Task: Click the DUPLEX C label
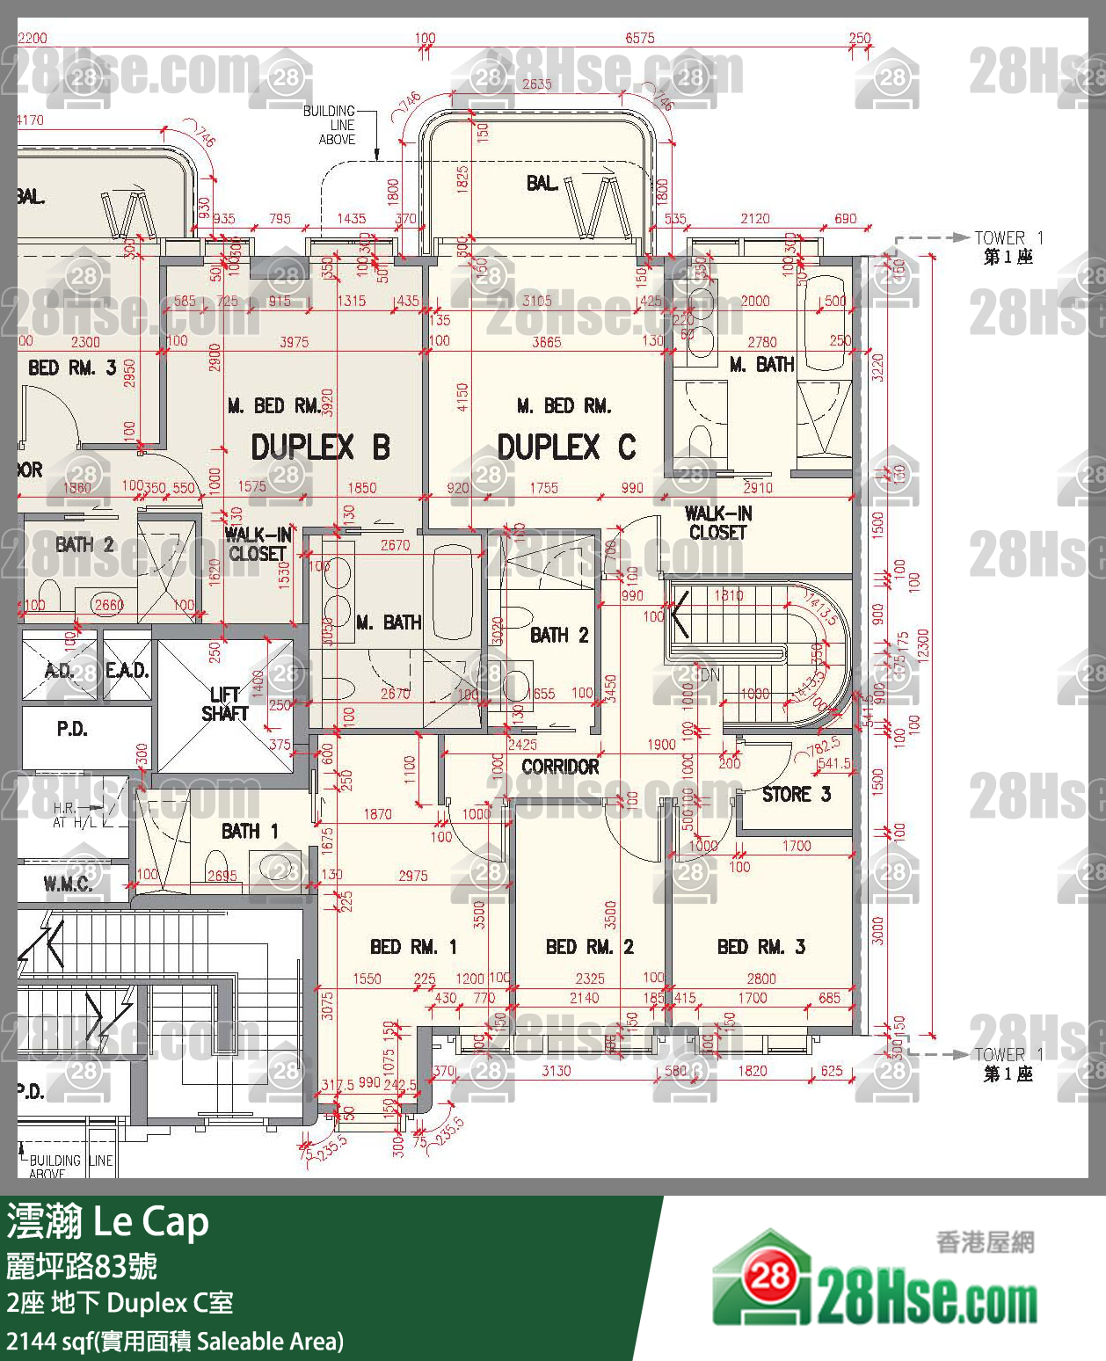[x=565, y=448]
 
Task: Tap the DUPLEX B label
[x=320, y=448]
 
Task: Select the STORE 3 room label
[x=796, y=795]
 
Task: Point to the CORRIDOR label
[x=560, y=767]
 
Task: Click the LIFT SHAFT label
[x=224, y=704]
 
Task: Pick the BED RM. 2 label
[x=589, y=947]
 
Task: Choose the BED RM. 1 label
[x=413, y=947]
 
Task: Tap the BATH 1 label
[x=250, y=831]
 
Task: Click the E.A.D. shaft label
[x=127, y=671]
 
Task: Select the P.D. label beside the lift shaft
[x=72, y=729]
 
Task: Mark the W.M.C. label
[x=68, y=884]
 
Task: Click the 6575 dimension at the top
[x=639, y=38]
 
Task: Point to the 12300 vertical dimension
[x=922, y=648]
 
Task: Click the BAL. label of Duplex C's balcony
[x=542, y=183]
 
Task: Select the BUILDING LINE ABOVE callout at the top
[x=331, y=125]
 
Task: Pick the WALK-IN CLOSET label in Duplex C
[x=717, y=523]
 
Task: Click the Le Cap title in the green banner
[x=150, y=1222]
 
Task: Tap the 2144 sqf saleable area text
[x=174, y=1342]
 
